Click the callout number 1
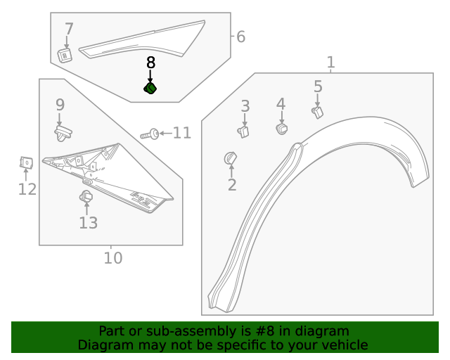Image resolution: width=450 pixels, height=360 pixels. click(x=330, y=63)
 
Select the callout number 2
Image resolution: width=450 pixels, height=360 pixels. click(x=232, y=185)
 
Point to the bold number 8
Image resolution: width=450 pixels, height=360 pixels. click(x=150, y=63)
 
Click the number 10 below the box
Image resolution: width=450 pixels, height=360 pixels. click(x=112, y=258)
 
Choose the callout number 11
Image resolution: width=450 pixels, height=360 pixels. click(x=182, y=133)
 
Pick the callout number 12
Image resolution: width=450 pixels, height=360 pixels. click(x=27, y=189)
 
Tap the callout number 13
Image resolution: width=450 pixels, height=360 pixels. click(x=88, y=223)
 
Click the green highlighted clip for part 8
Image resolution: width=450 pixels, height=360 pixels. click(x=150, y=89)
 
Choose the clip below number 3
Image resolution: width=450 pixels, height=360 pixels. click(x=244, y=130)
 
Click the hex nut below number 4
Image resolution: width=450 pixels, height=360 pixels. click(x=282, y=129)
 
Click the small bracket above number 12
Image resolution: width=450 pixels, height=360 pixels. click(x=25, y=163)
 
